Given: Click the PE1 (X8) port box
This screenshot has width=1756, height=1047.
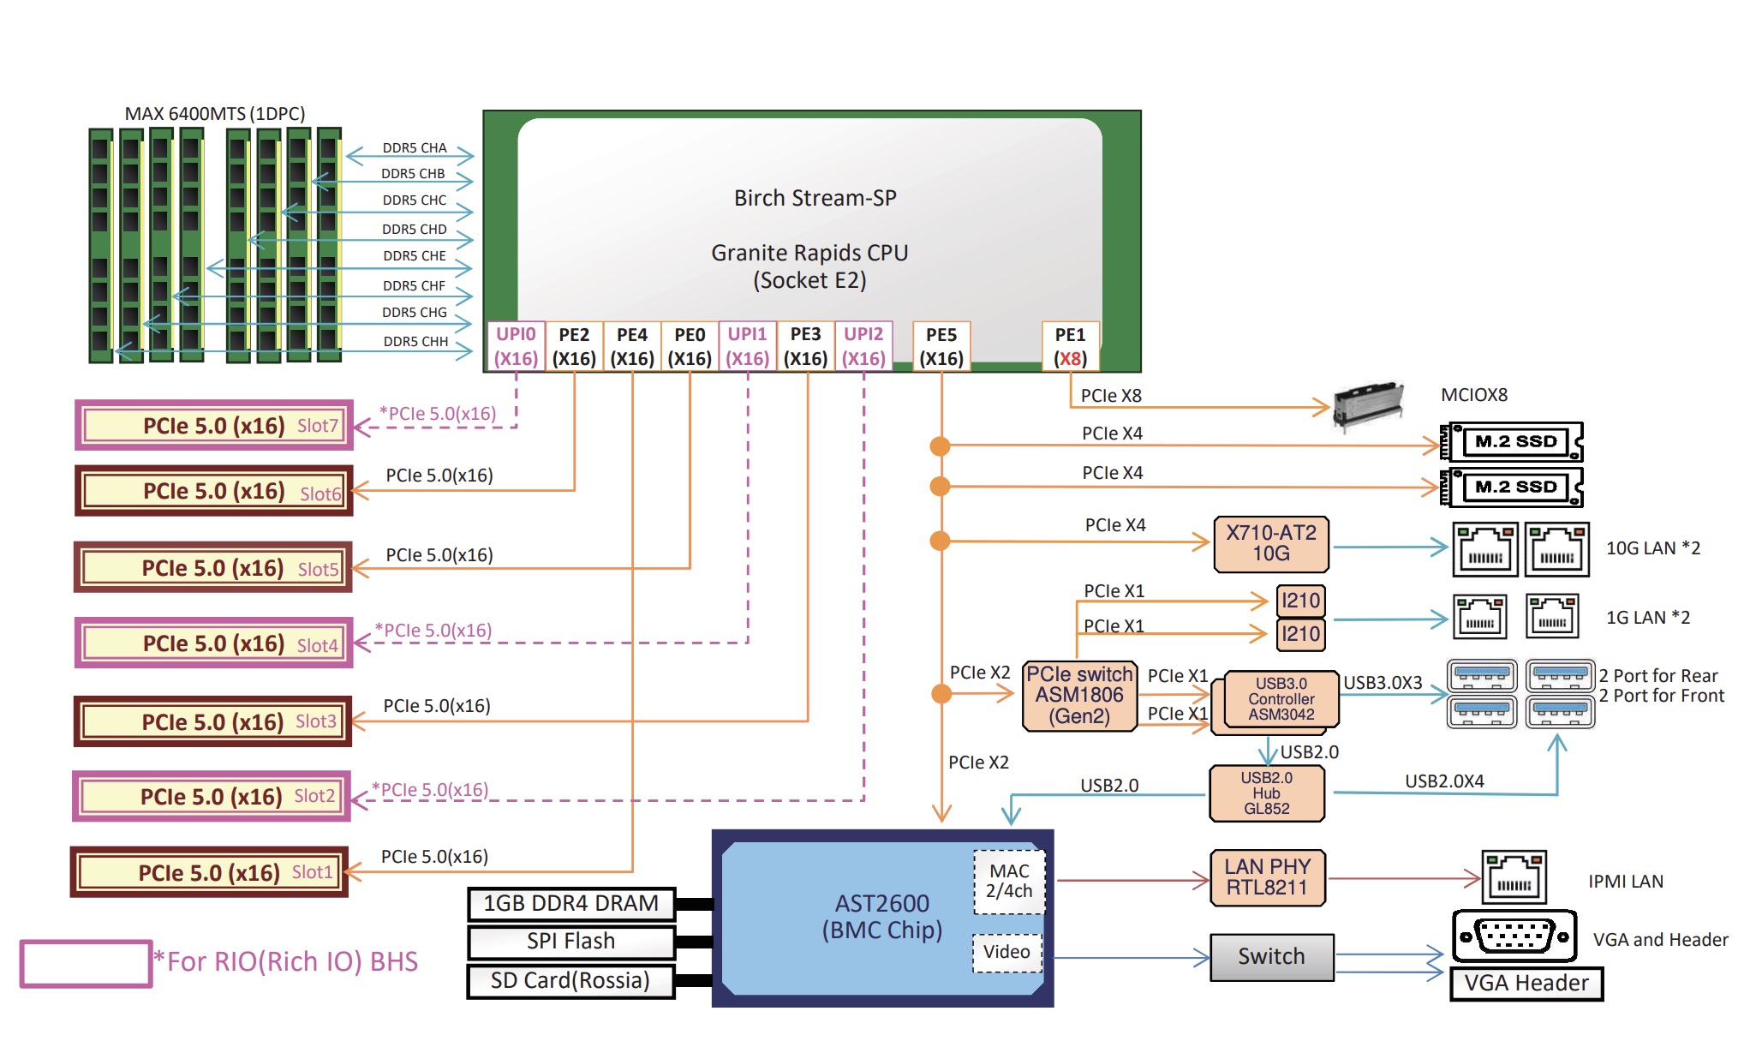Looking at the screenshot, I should [1070, 346].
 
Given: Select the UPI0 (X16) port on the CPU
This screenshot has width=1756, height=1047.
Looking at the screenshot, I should [516, 346].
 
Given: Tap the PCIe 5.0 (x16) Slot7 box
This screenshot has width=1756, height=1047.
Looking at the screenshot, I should [214, 425].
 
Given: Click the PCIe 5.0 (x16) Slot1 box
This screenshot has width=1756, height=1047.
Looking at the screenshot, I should [210, 872].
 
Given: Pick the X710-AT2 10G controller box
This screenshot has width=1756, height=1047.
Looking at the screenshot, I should [1271, 543].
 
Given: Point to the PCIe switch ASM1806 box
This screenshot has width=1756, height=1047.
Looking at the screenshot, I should [1080, 696].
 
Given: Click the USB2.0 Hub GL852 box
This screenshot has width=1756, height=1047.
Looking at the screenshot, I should [1267, 793].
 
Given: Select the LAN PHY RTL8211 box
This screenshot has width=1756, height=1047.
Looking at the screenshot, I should [1268, 877].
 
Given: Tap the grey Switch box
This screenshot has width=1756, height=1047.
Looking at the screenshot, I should [1272, 956].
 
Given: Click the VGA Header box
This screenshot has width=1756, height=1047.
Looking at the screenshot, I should [1526, 984].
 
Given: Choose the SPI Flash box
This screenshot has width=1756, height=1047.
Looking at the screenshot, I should [571, 942].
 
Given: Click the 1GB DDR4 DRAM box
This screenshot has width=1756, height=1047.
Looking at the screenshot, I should [571, 904].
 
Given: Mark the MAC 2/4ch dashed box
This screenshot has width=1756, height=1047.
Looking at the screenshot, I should [1009, 882].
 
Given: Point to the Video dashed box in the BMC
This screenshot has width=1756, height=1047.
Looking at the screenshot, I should [1007, 952].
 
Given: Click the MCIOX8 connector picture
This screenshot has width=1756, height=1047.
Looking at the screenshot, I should [1369, 404].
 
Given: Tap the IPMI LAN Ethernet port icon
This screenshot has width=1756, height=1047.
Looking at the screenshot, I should [1514, 877].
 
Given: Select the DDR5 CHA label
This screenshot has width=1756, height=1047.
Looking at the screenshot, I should [415, 148].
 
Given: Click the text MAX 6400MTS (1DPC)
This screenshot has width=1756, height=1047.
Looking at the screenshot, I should [215, 114].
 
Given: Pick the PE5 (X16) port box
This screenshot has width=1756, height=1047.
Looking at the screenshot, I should [941, 346].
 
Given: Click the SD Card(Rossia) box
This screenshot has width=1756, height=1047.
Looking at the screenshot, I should [571, 981].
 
